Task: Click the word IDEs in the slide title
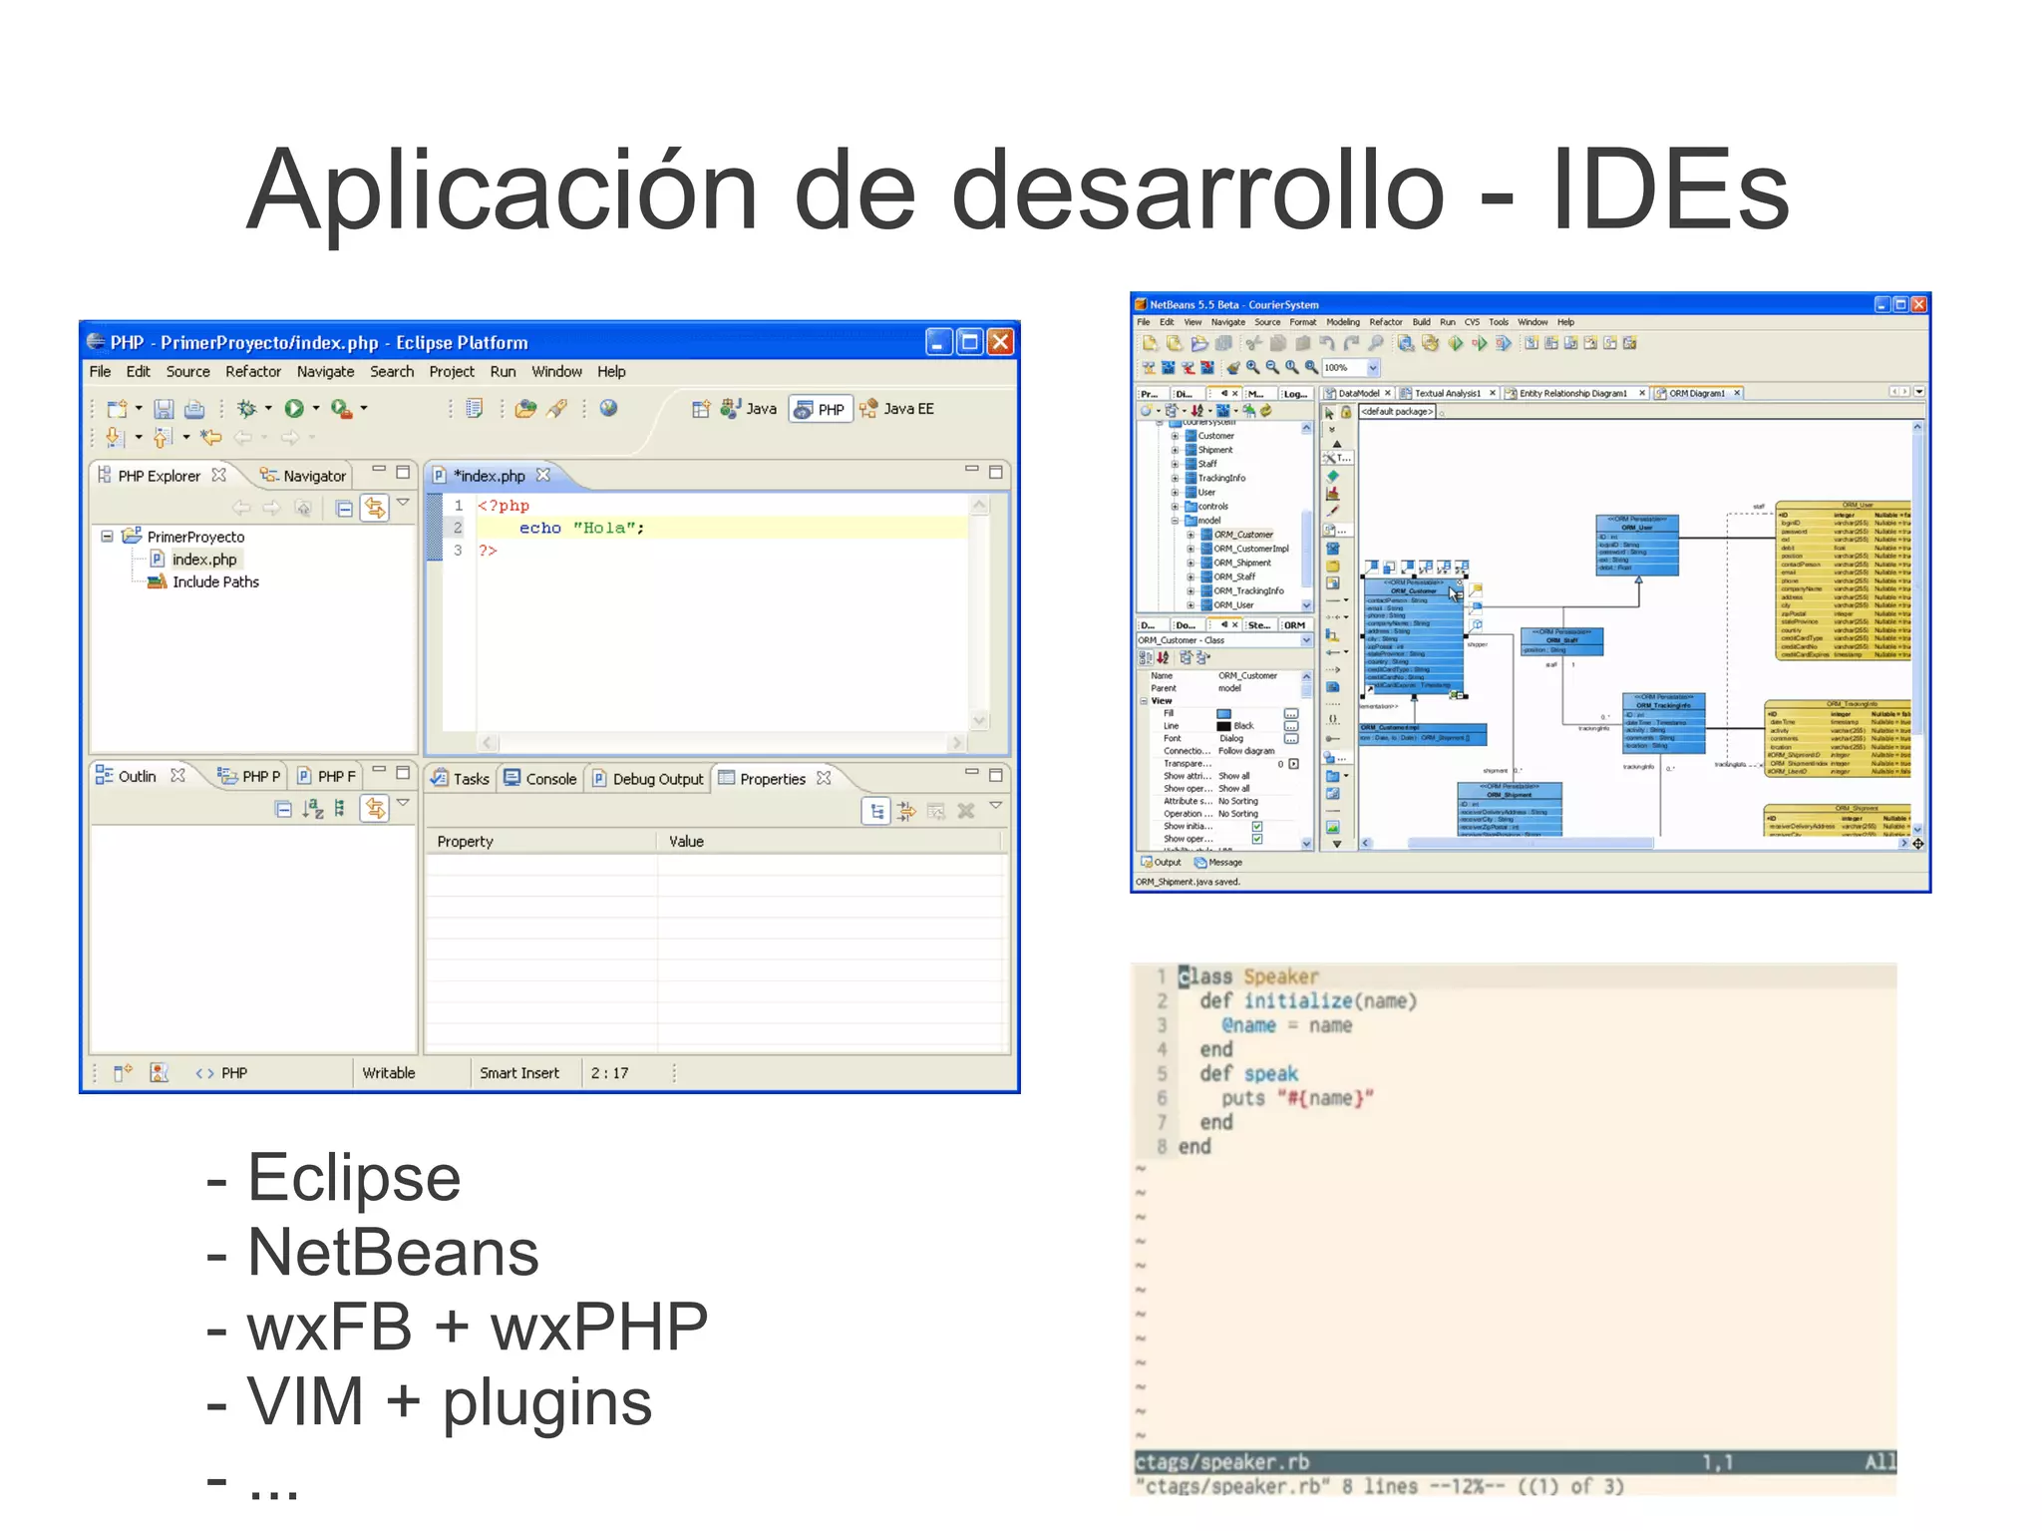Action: (1670, 190)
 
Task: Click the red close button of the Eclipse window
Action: (1000, 342)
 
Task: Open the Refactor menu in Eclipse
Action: (253, 372)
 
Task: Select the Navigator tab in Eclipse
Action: (313, 476)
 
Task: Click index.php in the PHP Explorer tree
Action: (204, 560)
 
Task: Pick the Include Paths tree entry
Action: (215, 582)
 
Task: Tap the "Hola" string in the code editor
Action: (608, 529)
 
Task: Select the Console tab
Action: (550, 779)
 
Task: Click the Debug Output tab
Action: (657, 779)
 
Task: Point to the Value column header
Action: (686, 842)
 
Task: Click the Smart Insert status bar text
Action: (519, 1073)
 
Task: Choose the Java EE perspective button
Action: (907, 409)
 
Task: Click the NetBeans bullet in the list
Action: (393, 1253)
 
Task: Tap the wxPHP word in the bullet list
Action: (598, 1328)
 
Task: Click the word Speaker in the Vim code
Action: (1280, 976)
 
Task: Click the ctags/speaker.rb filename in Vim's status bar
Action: (1221, 1462)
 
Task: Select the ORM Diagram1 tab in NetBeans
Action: (1696, 393)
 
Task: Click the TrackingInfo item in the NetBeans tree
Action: (1221, 478)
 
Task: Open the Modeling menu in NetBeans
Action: (1342, 322)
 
